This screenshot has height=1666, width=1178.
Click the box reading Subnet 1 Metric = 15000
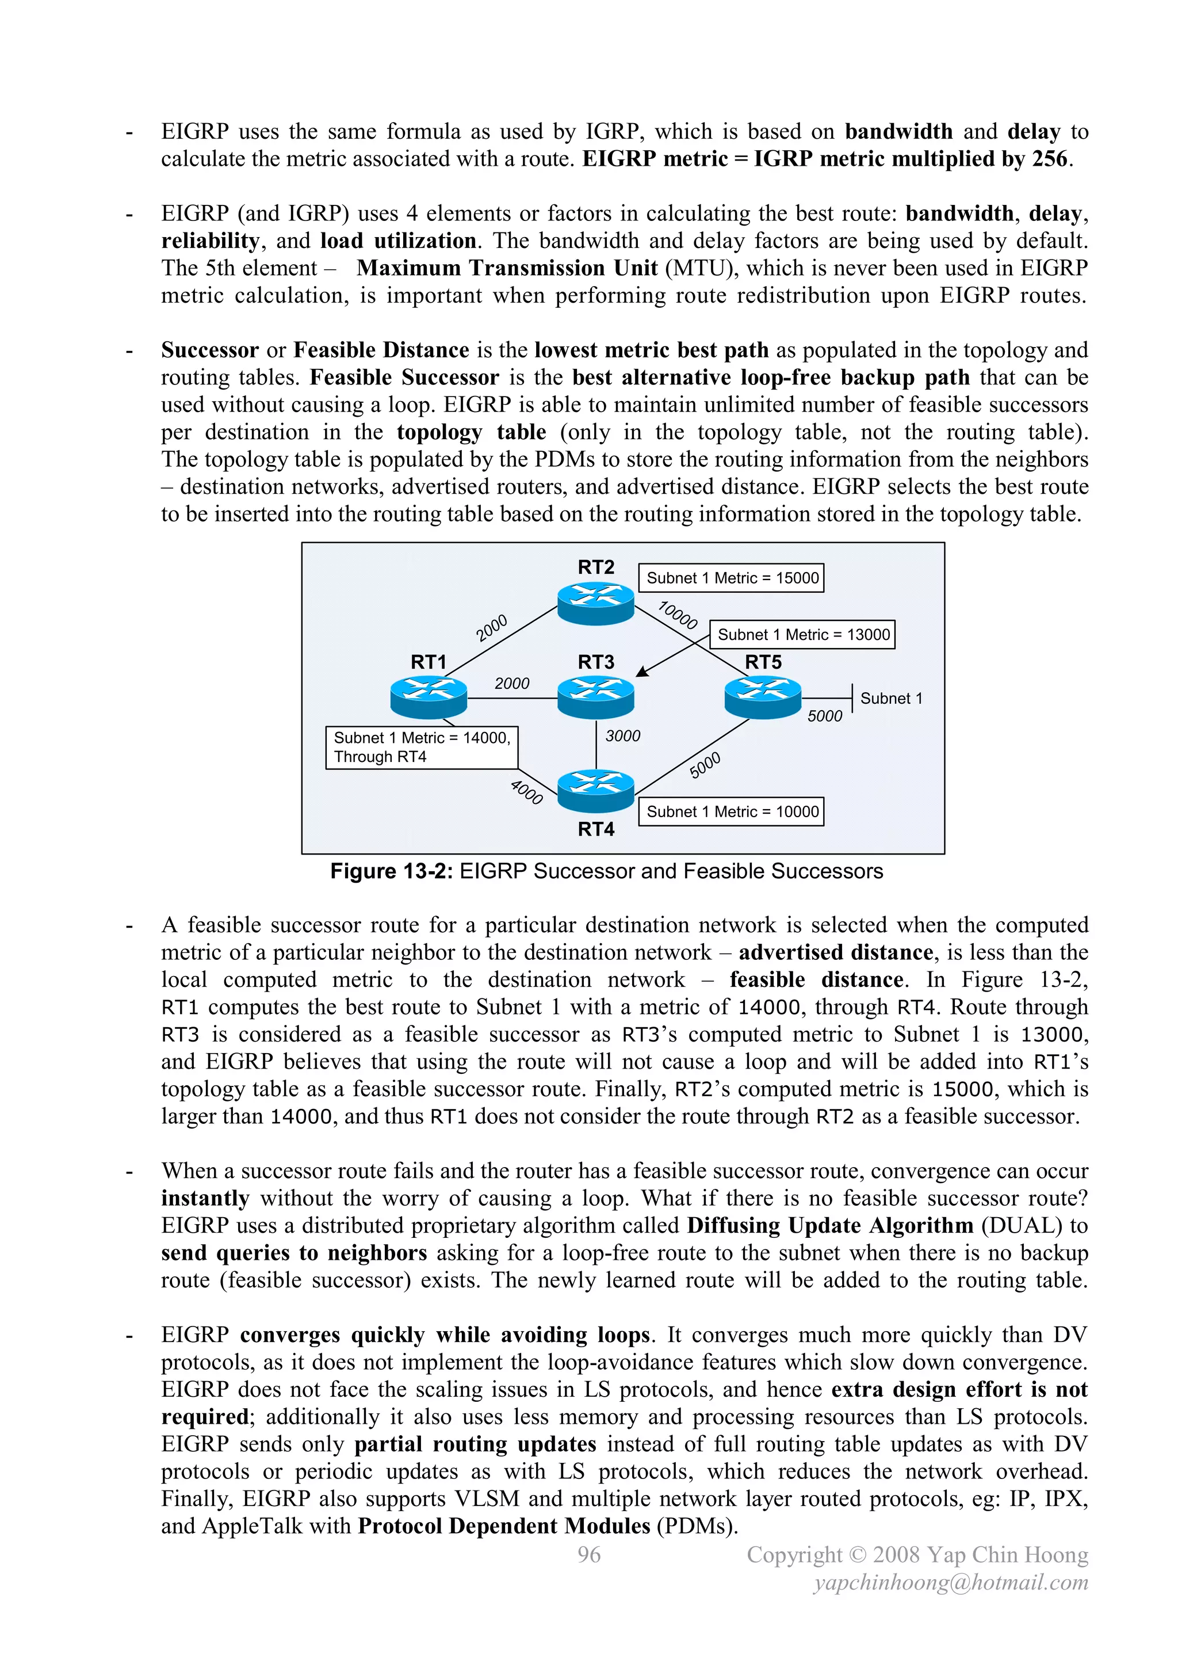[731, 578]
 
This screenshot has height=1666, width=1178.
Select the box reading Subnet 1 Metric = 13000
[802, 635]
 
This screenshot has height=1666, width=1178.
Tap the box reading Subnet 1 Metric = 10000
[731, 812]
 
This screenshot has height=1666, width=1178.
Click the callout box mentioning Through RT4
[422, 748]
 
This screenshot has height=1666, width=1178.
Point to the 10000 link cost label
[678, 615]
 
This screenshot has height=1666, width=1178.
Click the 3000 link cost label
[622, 736]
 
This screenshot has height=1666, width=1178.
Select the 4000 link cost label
[527, 792]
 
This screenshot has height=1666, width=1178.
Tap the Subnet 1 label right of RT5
[891, 698]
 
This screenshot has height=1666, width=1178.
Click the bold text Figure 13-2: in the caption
[392, 871]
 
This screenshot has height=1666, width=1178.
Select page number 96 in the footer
[589, 1554]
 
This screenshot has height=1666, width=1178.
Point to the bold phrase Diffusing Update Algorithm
[830, 1226]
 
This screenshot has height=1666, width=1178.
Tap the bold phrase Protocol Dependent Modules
[504, 1526]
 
